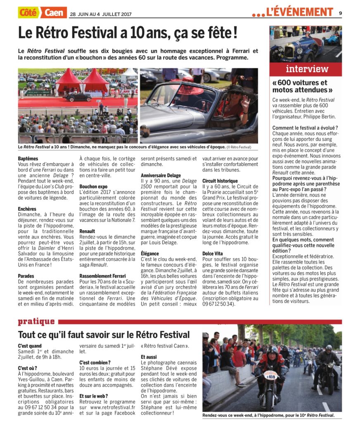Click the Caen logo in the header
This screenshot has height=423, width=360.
click(x=54, y=12)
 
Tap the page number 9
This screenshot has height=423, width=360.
click(x=341, y=12)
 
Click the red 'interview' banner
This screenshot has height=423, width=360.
click(x=306, y=69)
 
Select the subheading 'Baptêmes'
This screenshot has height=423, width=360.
click(x=28, y=159)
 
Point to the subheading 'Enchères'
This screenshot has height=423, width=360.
click(x=27, y=209)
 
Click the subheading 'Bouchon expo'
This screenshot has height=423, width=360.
click(x=93, y=186)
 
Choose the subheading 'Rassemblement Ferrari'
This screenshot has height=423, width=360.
click(x=102, y=276)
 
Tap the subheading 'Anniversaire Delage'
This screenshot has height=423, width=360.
click(x=161, y=176)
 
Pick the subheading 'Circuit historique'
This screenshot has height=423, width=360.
click(x=220, y=181)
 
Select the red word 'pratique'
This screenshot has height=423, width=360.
click(x=36, y=321)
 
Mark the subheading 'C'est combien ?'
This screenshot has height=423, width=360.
click(x=94, y=362)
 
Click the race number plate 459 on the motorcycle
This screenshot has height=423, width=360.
click(x=271, y=376)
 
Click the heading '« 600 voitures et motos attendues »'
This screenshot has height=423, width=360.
click(x=300, y=86)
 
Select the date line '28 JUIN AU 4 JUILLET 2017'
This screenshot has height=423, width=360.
click(x=100, y=14)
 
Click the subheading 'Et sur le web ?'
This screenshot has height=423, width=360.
click(x=94, y=396)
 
